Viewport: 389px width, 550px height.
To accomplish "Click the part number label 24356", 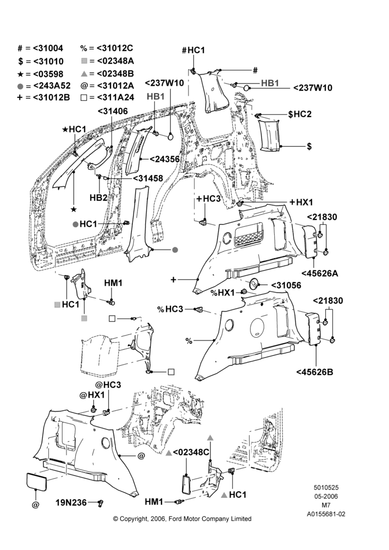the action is point(165,159).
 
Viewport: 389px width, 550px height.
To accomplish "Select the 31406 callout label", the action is point(113,111).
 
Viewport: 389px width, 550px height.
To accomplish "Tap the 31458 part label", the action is point(148,178).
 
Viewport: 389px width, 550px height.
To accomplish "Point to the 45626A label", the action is point(320,273).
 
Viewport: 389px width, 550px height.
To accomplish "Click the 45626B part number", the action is point(315,372).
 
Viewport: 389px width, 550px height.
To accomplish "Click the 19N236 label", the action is point(71,503).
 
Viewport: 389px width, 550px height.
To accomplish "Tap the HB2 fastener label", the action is point(98,197).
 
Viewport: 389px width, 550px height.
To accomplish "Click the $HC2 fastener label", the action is point(299,114).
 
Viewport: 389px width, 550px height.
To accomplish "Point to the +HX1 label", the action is point(302,202).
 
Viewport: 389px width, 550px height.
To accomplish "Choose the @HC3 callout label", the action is point(108,385).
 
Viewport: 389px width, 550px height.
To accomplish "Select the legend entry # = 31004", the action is point(40,48).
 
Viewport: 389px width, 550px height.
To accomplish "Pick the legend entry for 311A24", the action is point(107,97).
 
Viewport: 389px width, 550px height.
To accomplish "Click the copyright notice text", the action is point(182,519).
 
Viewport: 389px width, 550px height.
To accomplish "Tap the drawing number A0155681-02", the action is point(326,514).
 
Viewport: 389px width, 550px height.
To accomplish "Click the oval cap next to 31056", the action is point(254,284).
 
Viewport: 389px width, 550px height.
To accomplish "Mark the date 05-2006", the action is point(326,496).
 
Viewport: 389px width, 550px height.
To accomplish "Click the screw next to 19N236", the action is point(101,503).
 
